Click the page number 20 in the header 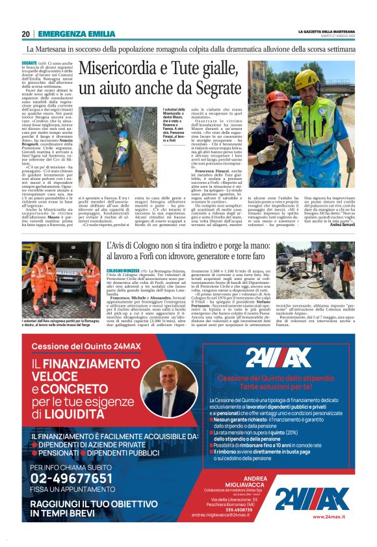[x=25, y=34]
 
